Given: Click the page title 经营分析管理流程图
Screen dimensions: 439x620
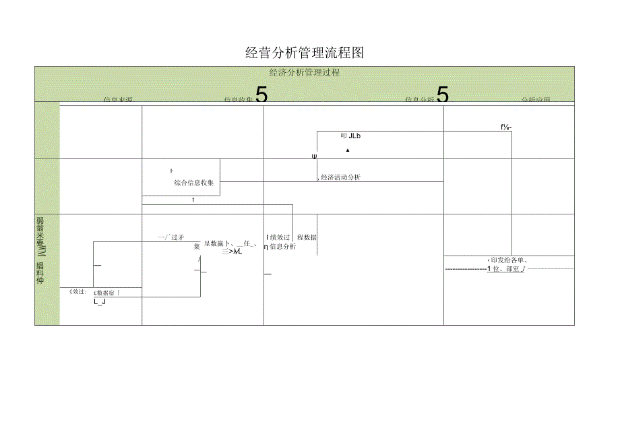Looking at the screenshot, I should tap(305, 53).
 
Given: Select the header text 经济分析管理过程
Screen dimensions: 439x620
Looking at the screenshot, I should tap(304, 73).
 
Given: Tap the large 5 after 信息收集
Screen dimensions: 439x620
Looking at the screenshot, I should tap(261, 95).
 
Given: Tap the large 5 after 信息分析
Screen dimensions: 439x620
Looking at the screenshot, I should tap(443, 95).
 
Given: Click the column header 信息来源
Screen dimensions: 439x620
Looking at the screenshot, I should tap(118, 100).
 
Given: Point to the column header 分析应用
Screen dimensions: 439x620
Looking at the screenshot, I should tap(536, 100).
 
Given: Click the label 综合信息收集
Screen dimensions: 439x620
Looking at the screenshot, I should tap(193, 183).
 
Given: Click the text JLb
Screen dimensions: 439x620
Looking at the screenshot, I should tap(354, 136).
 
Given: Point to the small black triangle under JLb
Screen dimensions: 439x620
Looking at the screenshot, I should tap(348, 150).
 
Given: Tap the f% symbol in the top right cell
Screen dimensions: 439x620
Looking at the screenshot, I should tap(506, 126).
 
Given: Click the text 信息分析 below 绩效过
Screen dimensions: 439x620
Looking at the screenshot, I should tap(282, 247).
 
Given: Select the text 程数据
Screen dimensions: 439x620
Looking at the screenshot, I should tap(307, 237).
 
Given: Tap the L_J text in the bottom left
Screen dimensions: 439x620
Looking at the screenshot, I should tap(100, 302).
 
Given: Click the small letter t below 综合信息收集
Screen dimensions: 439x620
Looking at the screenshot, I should tap(193, 200).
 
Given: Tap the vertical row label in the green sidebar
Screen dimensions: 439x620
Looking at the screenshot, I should tap(41, 251).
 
